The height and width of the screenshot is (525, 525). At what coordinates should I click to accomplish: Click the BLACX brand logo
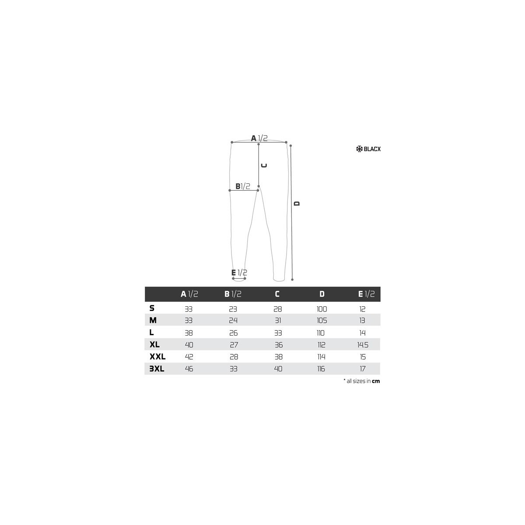point(368,149)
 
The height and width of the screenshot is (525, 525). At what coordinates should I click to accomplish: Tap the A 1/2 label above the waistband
point(259,138)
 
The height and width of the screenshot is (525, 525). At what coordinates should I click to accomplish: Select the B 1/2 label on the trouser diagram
point(242,186)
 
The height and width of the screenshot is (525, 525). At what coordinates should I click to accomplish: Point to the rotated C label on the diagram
point(264,165)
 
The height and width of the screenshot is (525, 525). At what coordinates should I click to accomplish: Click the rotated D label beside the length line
point(297,203)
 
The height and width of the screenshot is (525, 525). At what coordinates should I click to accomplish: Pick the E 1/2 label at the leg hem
point(239,273)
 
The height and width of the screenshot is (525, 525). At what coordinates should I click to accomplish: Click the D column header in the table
point(322,294)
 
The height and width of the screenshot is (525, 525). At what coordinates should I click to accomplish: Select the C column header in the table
point(277,294)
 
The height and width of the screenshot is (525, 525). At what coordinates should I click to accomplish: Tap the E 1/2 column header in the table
point(366,294)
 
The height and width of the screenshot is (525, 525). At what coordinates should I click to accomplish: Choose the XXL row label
point(157,357)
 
